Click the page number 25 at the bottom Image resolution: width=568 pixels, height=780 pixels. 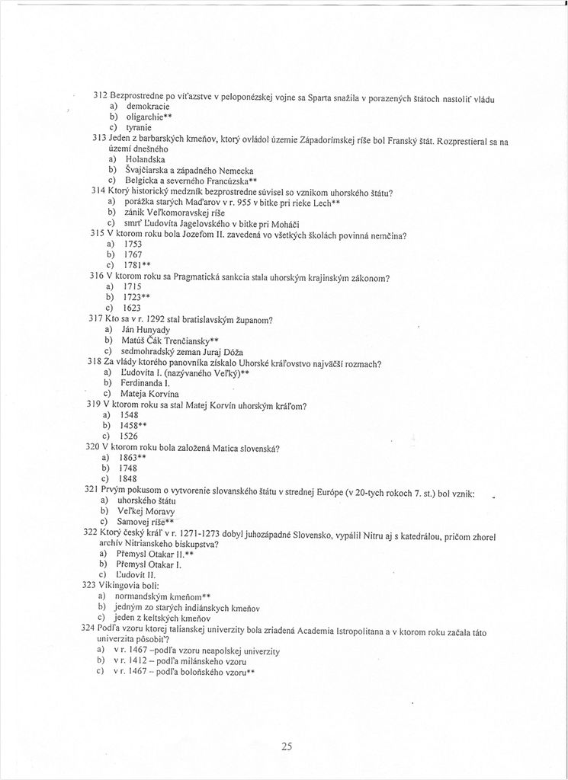pyautogui.click(x=286, y=746)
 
